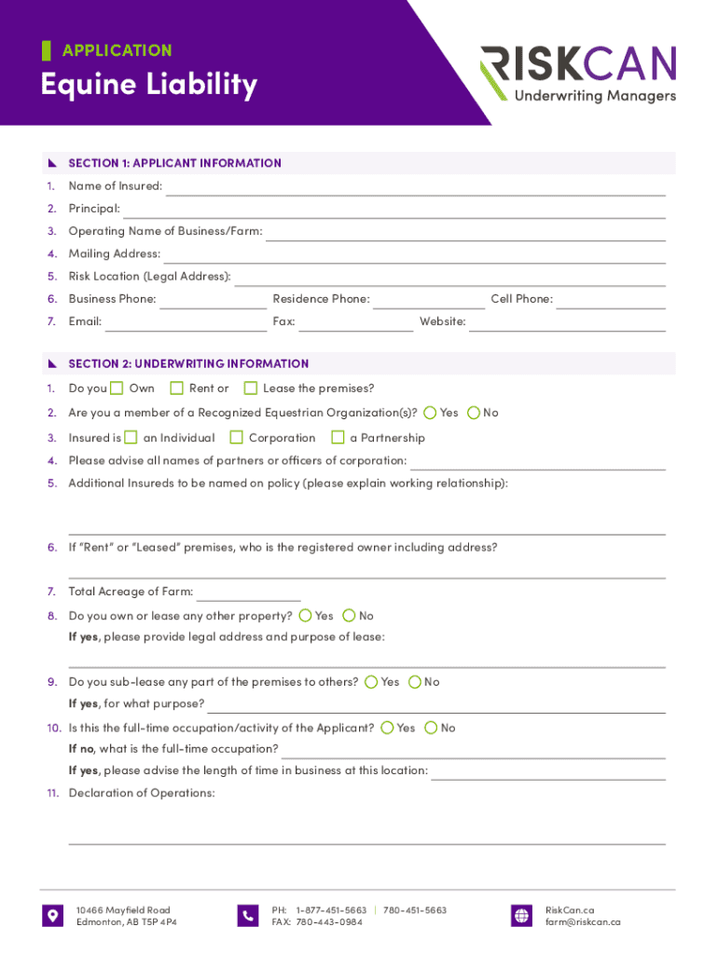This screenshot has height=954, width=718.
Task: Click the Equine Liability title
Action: pos(148,85)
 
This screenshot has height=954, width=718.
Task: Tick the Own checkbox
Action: pos(117,388)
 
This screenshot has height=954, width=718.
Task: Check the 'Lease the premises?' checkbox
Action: pos(251,388)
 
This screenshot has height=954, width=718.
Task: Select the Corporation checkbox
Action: pos(237,437)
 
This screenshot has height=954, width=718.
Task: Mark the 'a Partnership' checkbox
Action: pos(338,437)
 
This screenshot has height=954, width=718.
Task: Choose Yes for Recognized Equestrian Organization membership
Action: pos(430,412)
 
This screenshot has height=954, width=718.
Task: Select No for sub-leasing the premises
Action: pos(414,681)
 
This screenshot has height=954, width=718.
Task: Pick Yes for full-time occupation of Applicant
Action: pos(387,727)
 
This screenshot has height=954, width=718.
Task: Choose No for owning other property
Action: pos(349,615)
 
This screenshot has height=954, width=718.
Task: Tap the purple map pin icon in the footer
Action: pos(53,915)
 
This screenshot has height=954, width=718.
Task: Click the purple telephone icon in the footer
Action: pos(248,915)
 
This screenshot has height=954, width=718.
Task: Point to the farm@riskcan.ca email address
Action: pos(583,922)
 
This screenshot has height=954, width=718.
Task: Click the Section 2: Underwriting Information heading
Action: pos(188,363)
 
